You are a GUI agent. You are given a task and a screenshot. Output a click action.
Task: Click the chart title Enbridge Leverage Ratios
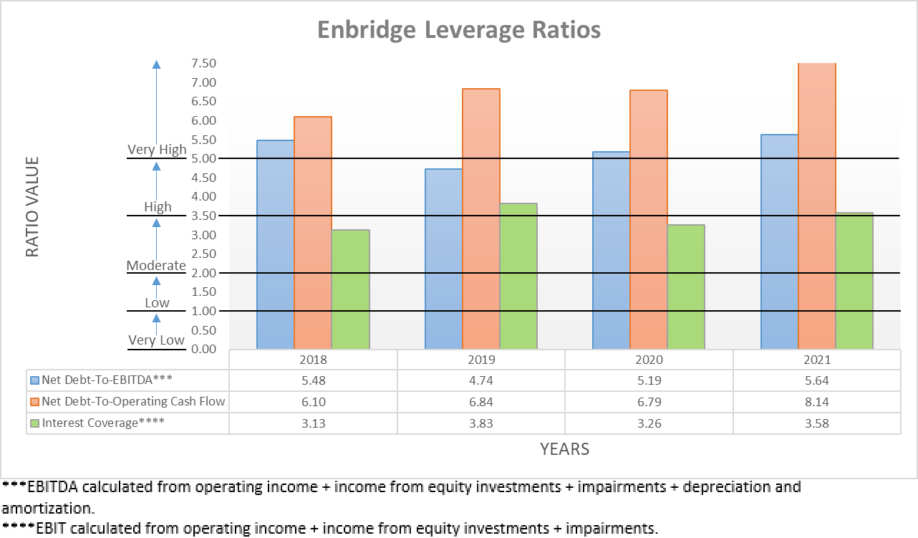458,30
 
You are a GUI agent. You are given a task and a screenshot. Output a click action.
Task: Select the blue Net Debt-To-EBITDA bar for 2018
276,244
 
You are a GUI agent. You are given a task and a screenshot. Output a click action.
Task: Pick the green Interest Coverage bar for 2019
518,276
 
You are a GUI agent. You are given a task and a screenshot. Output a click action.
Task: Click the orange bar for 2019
481,218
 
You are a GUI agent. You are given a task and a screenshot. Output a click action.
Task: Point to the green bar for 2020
686,287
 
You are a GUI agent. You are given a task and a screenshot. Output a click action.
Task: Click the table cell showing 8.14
817,401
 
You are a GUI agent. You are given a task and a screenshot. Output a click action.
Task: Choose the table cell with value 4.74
481,380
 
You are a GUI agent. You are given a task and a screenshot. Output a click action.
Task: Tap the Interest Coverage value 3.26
649,423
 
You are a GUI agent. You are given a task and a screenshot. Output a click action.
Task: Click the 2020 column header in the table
649,360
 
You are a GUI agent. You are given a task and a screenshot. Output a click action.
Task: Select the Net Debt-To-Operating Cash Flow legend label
133,401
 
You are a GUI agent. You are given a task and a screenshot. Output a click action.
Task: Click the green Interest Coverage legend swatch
34,423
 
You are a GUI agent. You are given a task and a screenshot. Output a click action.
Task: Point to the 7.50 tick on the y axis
203,63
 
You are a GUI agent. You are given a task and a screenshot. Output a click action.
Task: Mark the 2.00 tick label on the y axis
203,273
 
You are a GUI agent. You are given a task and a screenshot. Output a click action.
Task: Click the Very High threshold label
157,150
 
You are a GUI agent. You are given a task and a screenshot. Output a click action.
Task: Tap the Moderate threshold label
156,265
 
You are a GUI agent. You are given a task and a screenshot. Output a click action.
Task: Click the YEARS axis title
564,449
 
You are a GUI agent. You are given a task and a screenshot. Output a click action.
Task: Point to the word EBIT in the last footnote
42,529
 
